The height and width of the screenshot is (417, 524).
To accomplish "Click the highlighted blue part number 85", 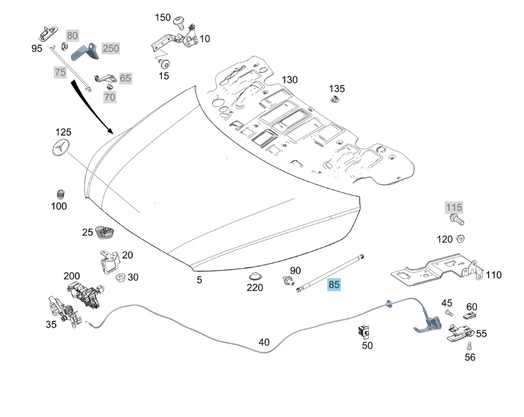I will coord(334,285).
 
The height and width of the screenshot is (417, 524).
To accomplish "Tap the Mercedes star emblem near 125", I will coord(61,151).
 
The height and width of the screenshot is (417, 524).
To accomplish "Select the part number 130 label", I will coord(289,80).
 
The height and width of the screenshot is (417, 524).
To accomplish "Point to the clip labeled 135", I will coord(336,102).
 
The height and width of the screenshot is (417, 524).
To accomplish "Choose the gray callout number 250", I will coord(110,48).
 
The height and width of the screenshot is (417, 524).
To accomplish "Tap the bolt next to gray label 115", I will coord(457,221).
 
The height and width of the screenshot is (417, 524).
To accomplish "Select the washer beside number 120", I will coord(461,239).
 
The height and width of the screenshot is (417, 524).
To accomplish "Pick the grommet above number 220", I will coord(255,276).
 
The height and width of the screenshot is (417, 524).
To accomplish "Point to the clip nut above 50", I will coord(364,331).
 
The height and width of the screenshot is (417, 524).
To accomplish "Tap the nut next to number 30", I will coord(120,277).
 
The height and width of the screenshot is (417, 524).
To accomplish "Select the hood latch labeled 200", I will coord(84,293).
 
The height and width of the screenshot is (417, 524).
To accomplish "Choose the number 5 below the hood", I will coord(199,279).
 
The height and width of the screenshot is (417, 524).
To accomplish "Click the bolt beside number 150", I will coord(180,23).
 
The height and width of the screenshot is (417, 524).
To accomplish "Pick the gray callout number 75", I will coord(60,72).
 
